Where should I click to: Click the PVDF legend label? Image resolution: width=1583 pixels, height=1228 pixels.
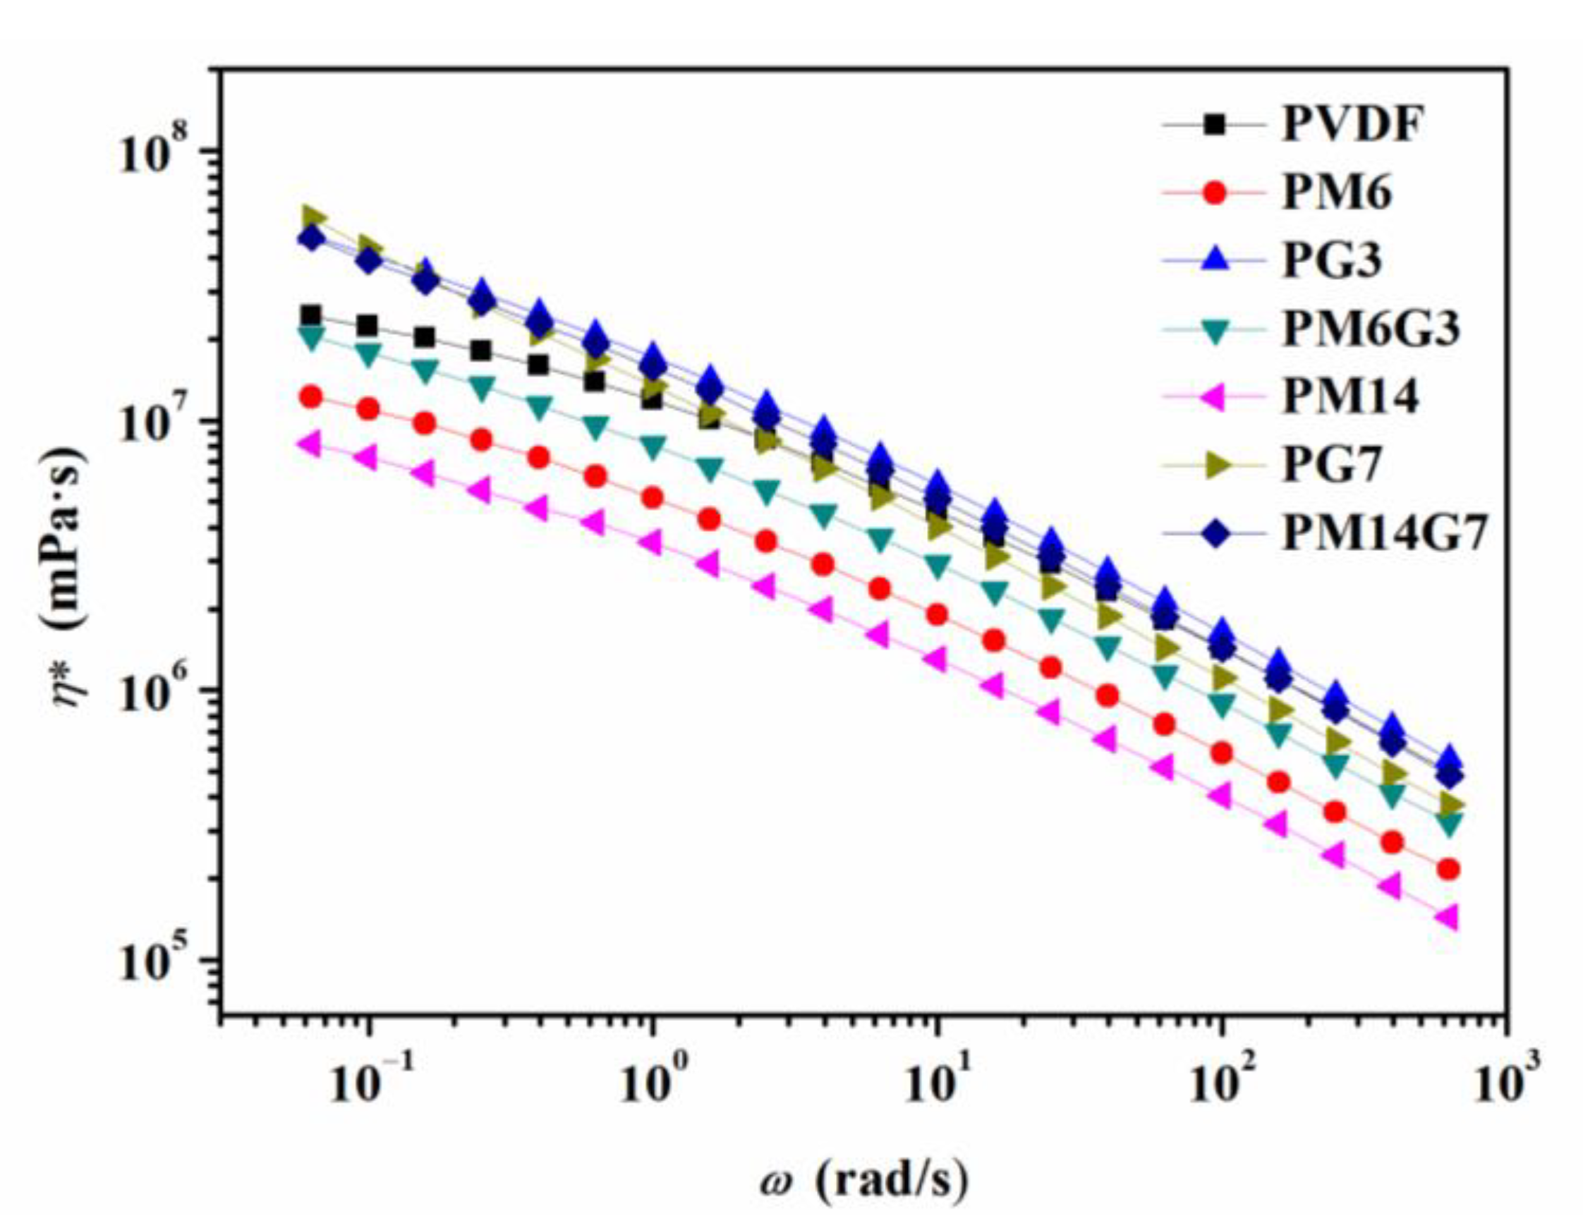pyautogui.click(x=1352, y=126)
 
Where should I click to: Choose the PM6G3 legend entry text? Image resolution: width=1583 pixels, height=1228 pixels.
pyautogui.click(x=1370, y=329)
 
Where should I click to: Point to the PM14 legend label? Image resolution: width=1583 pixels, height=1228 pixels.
pyautogui.click(x=1349, y=397)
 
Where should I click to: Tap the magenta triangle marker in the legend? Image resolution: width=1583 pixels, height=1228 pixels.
pyautogui.click(x=1215, y=397)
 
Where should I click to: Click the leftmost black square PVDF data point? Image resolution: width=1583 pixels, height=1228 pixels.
pyautogui.click(x=311, y=315)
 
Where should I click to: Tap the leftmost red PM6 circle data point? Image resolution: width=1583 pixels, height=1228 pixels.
pyautogui.click(x=311, y=396)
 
